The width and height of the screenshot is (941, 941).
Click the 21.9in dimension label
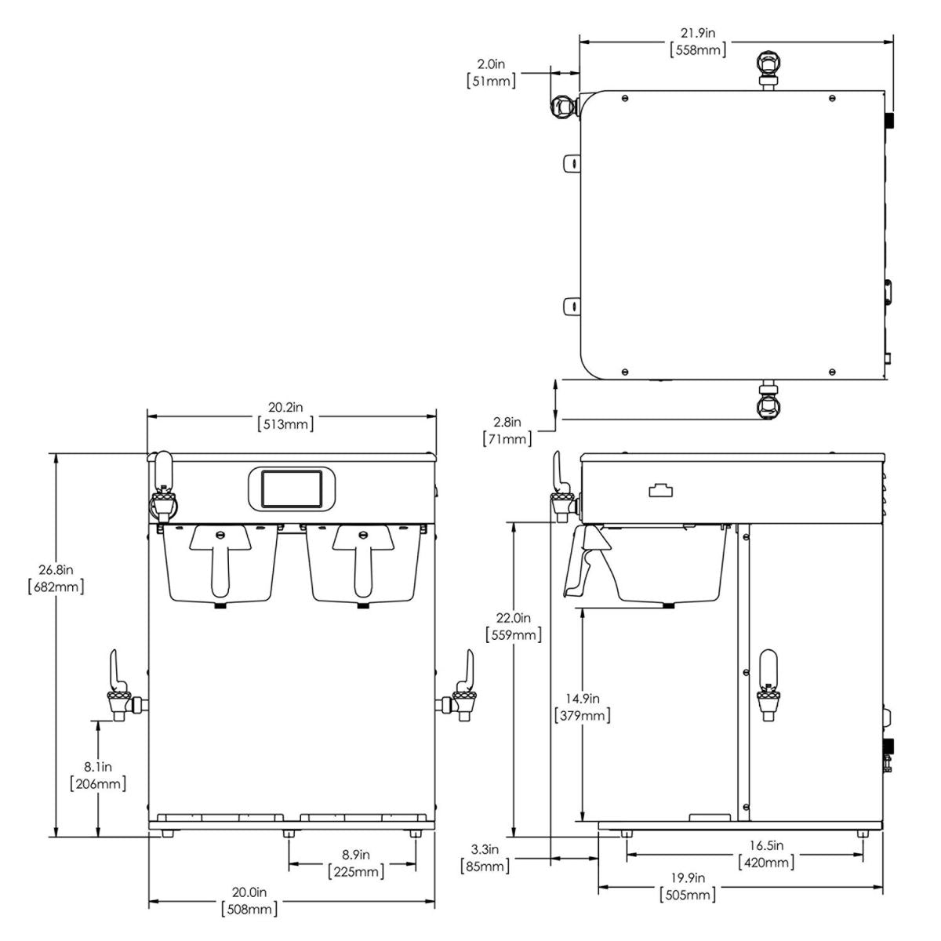pos(698,34)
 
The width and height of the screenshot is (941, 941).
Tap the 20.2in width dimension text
pos(285,407)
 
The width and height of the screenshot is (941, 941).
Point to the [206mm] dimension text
pos(97,783)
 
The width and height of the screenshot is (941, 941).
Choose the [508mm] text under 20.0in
pos(249,909)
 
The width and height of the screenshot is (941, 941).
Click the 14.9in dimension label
pos(582,698)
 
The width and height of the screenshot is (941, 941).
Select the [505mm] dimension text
pos(688,895)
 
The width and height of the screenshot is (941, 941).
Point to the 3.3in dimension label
pos(485,848)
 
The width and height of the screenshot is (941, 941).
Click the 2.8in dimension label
pos(507,421)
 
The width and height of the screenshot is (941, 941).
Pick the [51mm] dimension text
pos(491,80)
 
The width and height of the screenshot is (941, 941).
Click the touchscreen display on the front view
pos(291,488)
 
